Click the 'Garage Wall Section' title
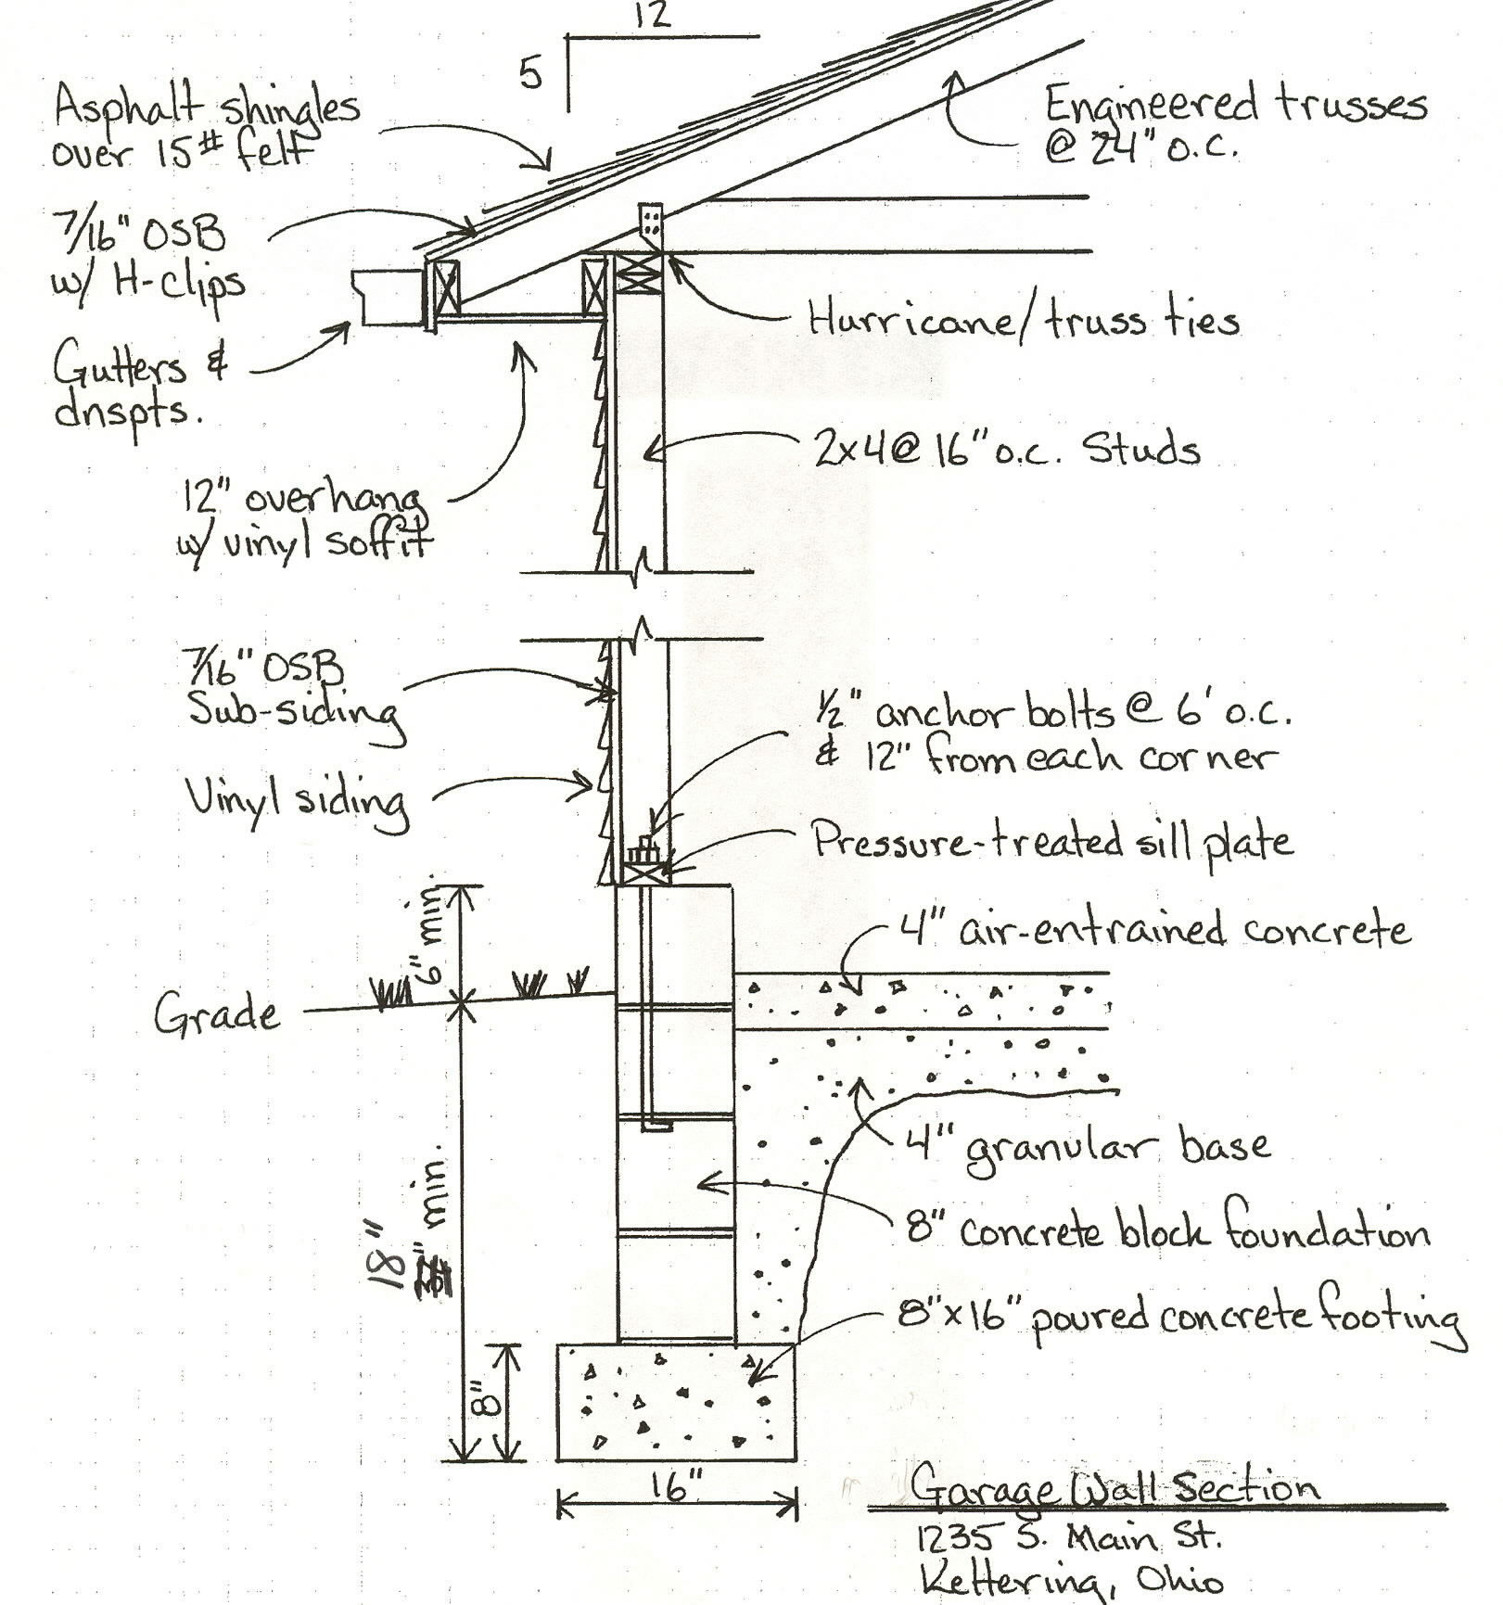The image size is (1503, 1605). pos(1113,1487)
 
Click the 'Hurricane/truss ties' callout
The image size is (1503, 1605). pos(1024,322)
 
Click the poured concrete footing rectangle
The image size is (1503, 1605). pos(675,1402)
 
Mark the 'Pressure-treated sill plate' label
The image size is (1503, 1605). pos(1051,842)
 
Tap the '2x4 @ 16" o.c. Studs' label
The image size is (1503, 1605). pos(1007,451)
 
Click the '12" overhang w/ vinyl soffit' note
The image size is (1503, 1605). pos(306,522)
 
